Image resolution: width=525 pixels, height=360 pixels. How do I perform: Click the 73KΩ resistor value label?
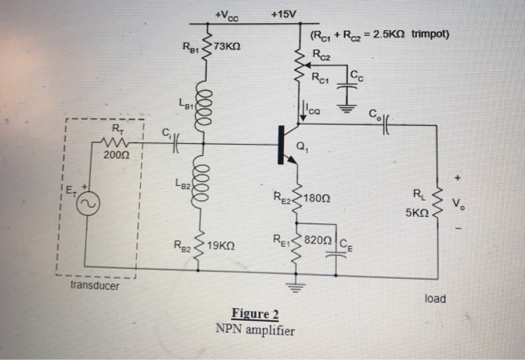pyautogui.click(x=226, y=46)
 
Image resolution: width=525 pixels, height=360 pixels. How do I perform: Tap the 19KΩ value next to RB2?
pyautogui.click(x=223, y=245)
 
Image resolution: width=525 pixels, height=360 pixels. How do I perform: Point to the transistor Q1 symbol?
pyautogui.click(x=287, y=143)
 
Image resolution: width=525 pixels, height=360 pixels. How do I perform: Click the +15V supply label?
pyautogui.click(x=283, y=14)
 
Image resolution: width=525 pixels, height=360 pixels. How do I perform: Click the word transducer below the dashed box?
pyautogui.click(x=95, y=286)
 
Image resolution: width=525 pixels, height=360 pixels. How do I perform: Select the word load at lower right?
pyautogui.click(x=435, y=298)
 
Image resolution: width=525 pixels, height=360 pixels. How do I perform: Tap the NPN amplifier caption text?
pyautogui.click(x=255, y=330)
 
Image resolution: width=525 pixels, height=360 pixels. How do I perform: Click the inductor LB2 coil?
pyautogui.click(x=201, y=186)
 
